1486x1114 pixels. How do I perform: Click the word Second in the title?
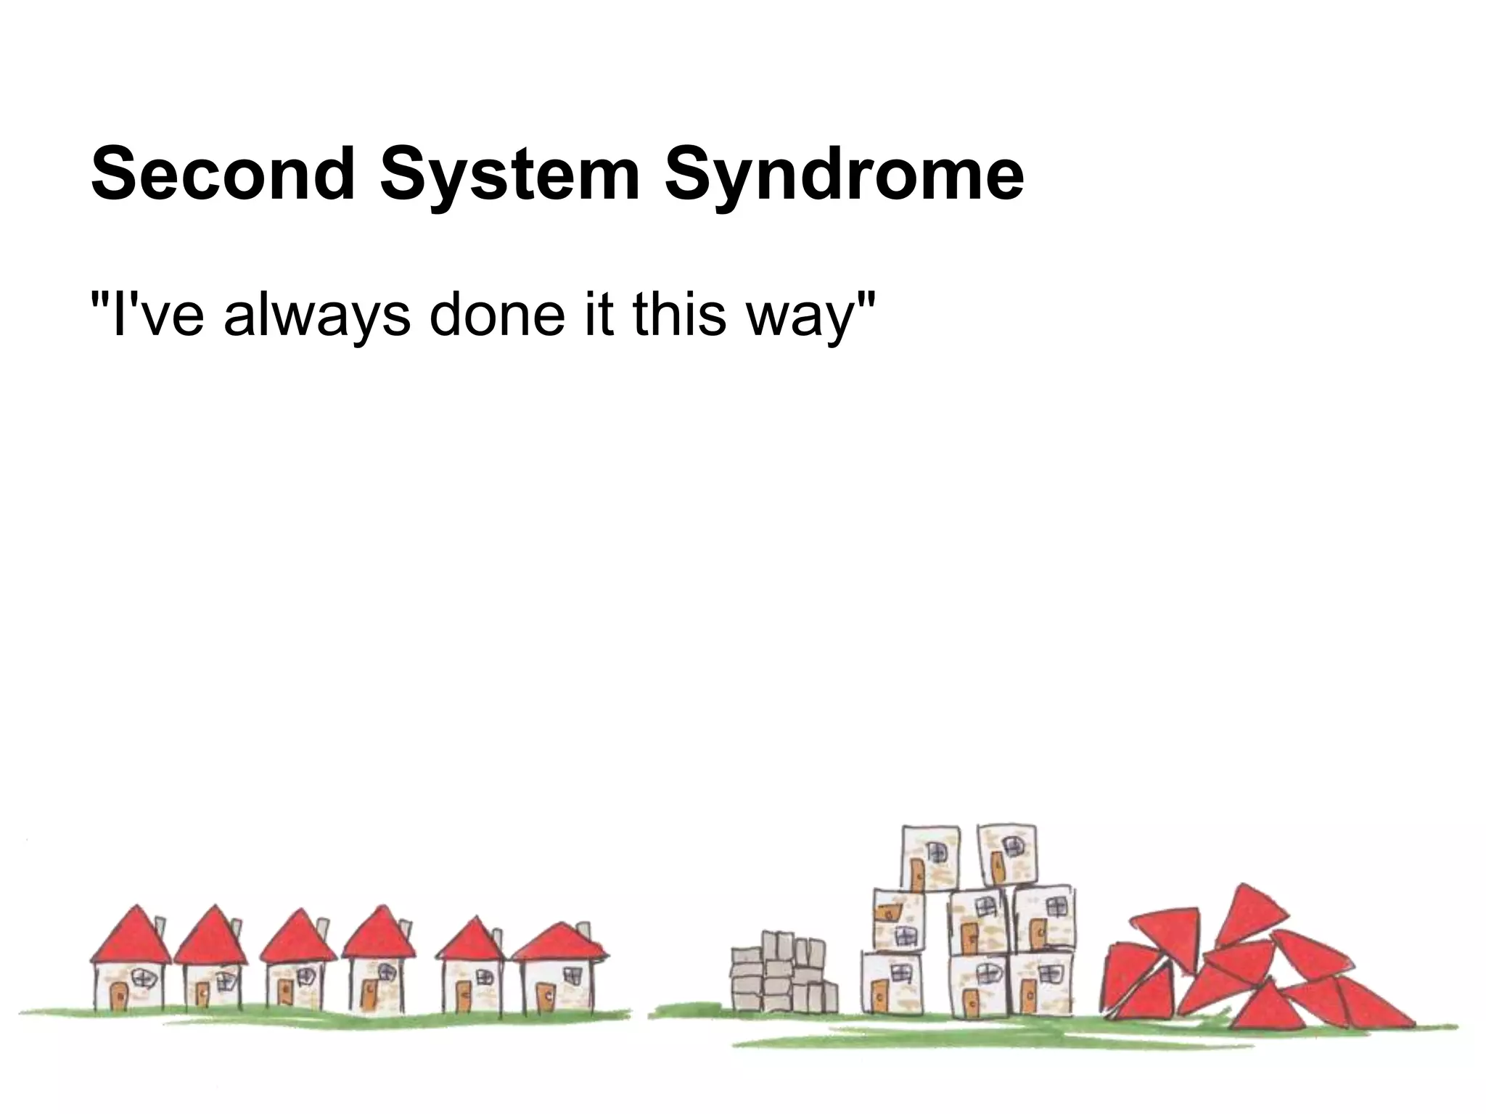[221, 174]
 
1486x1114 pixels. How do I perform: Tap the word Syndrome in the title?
[844, 174]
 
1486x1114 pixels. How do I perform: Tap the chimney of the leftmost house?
[161, 928]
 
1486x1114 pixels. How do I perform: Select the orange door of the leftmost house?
[118, 994]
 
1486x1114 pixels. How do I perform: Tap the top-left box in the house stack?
[930, 859]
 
